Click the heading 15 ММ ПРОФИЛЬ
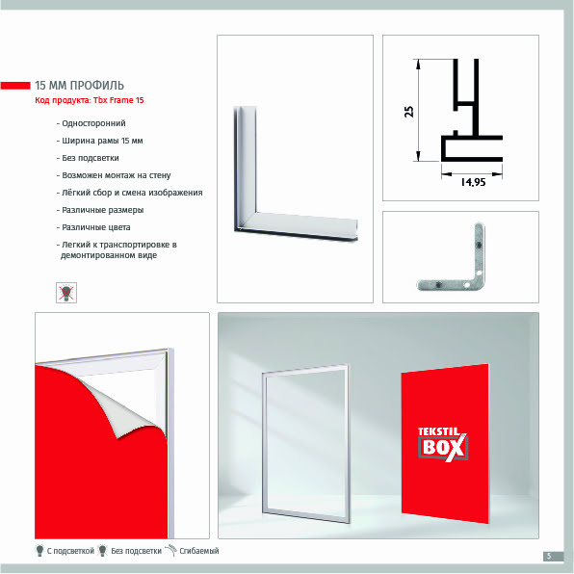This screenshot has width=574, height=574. click(x=79, y=86)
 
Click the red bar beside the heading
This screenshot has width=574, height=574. click(x=15, y=86)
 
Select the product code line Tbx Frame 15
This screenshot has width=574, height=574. click(x=90, y=100)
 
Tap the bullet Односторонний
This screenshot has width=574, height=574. click(x=91, y=123)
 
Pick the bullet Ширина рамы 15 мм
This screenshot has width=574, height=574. click(x=99, y=141)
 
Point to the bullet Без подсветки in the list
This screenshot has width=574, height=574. click(x=88, y=158)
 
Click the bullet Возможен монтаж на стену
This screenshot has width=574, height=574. click(x=114, y=175)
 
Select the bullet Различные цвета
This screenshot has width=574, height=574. click(x=93, y=227)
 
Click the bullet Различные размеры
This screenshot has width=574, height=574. click(x=100, y=210)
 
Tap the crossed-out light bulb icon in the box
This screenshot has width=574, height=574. click(x=66, y=293)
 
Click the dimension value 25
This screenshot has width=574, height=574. click(x=409, y=112)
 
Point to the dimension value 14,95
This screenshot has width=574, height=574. click(x=473, y=182)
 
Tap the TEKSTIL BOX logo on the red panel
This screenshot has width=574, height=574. click(x=443, y=444)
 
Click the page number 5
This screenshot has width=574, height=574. click(x=549, y=556)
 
